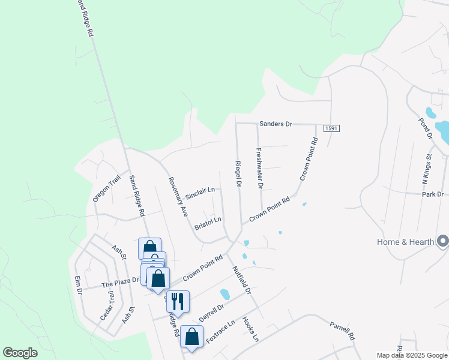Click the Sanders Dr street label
[x=275, y=124]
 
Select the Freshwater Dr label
[x=259, y=169]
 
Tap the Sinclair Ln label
[x=200, y=193]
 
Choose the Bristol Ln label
[x=208, y=224]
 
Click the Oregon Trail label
[x=107, y=188]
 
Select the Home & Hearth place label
[x=406, y=242]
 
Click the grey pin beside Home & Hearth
[x=443, y=241]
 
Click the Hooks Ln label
[x=250, y=330]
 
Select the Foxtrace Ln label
[x=220, y=332]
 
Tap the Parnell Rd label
[x=342, y=330]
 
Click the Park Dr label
[x=432, y=194]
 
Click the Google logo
[x=20, y=353]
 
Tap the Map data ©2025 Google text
[x=412, y=355]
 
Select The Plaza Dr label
[x=120, y=281]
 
